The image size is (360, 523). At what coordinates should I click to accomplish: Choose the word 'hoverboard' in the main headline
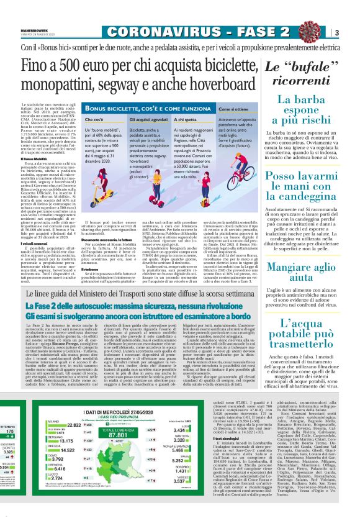click(196, 87)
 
